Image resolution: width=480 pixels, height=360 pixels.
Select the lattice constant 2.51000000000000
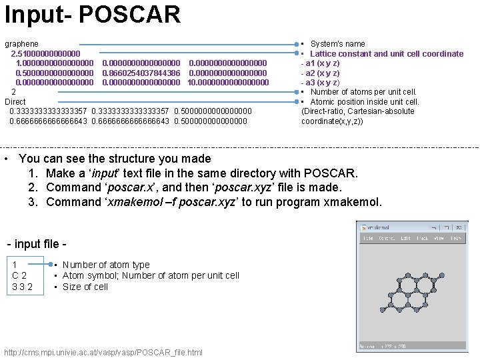[x=45, y=53]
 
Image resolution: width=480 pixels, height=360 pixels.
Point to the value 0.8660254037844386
[x=141, y=73]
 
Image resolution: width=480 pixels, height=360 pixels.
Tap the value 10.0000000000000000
[x=229, y=82]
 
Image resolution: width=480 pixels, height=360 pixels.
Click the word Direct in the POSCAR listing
[x=15, y=101]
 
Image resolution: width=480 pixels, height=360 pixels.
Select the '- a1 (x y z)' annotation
[x=320, y=63]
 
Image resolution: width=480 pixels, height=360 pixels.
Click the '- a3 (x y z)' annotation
[x=320, y=82]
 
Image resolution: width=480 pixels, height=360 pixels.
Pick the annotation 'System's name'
[x=337, y=44]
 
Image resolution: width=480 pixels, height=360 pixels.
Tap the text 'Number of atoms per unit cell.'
[x=363, y=92]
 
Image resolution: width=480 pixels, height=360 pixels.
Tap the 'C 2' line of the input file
[x=19, y=276]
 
